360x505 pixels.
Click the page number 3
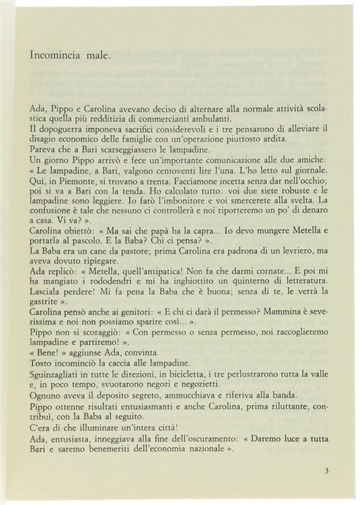pos(326,471)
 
